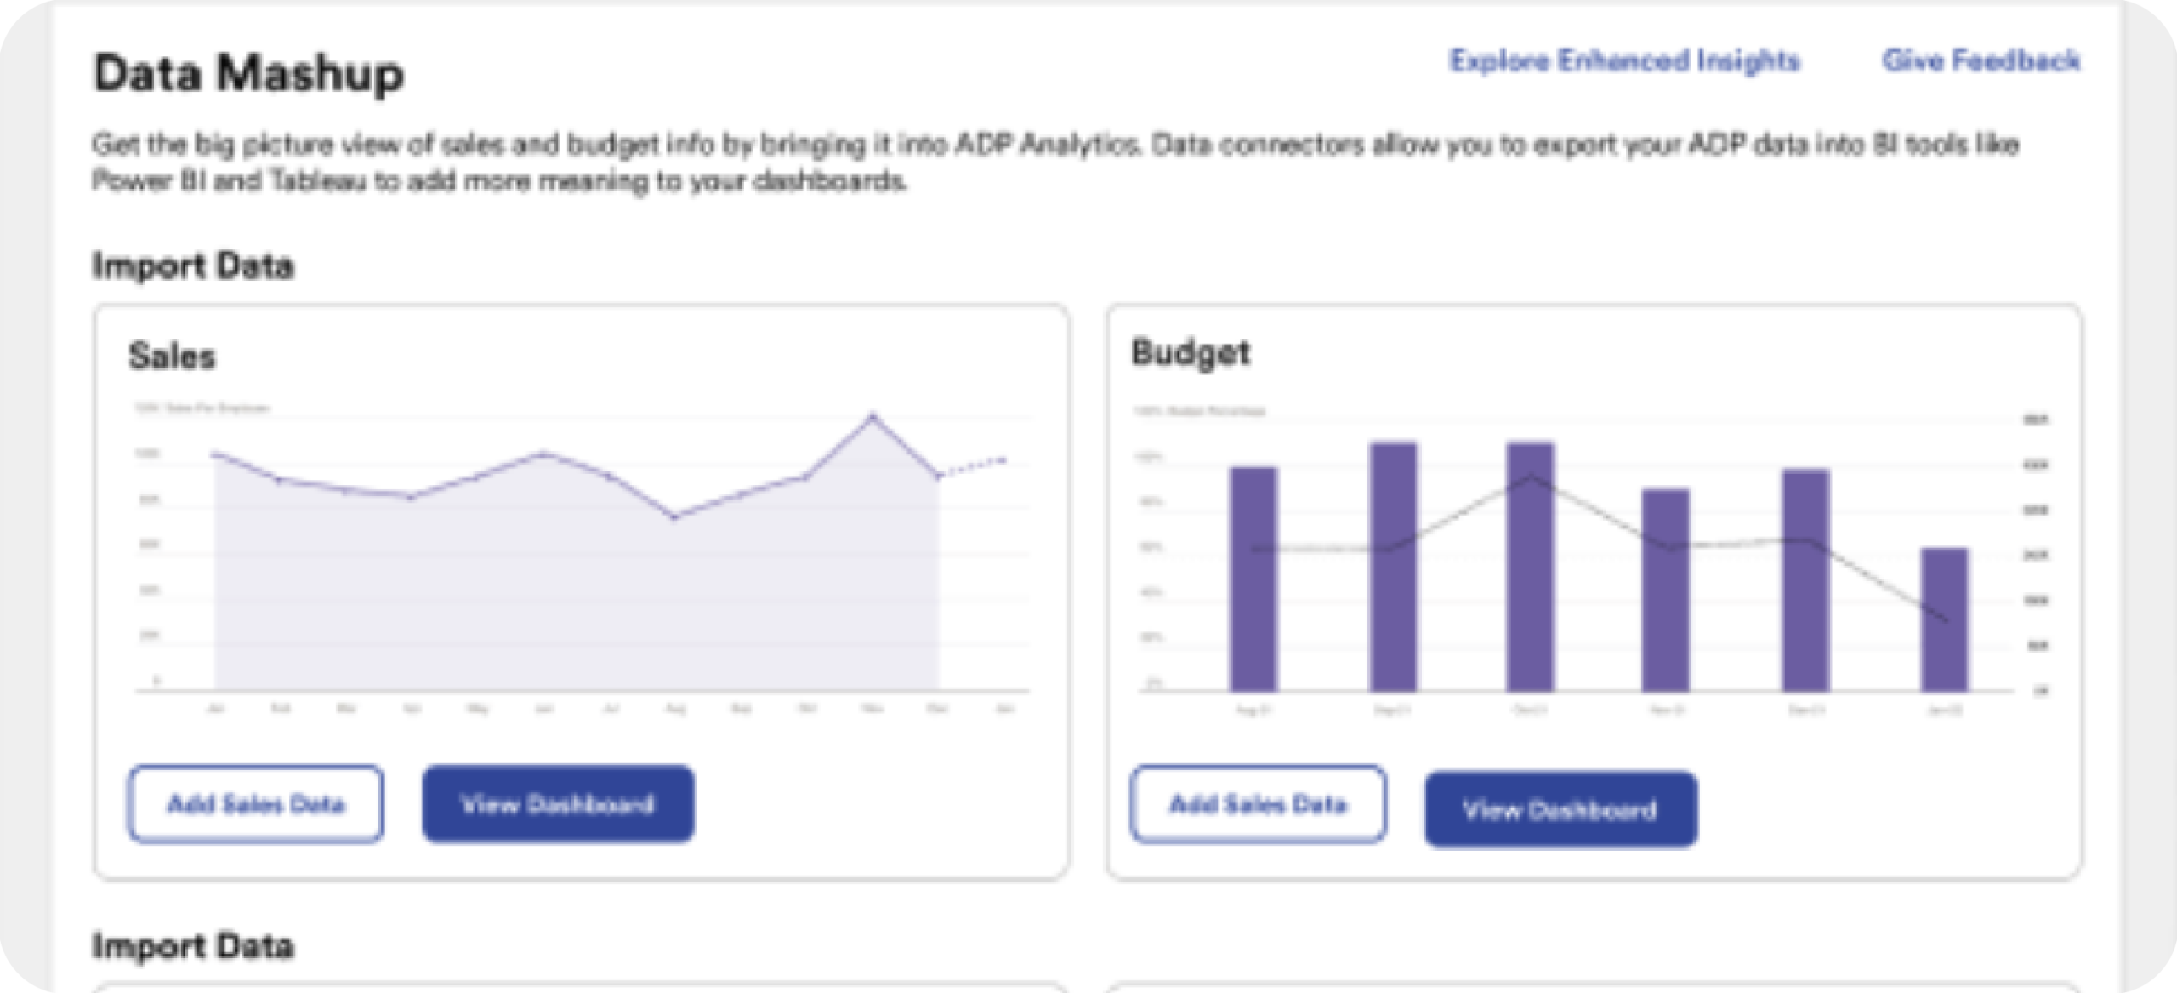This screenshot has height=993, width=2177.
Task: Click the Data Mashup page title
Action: pyautogui.click(x=248, y=73)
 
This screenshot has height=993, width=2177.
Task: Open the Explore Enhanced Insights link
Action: pyautogui.click(x=1624, y=61)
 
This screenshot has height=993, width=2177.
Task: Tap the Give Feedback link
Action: pyautogui.click(x=1981, y=61)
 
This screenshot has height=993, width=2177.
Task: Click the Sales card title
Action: pyautogui.click(x=172, y=356)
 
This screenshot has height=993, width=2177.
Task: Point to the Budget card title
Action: pyautogui.click(x=1190, y=352)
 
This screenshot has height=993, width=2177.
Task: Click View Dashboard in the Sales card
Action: pyautogui.click(x=558, y=804)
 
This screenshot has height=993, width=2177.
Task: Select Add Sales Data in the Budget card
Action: pyautogui.click(x=1258, y=804)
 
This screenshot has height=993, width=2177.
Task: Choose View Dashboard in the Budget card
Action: pyautogui.click(x=1560, y=809)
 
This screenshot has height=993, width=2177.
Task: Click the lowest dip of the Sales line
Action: pyautogui.click(x=674, y=516)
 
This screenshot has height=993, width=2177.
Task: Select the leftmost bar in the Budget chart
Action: pyautogui.click(x=1253, y=579)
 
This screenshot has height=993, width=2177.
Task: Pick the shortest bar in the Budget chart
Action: pyautogui.click(x=1944, y=619)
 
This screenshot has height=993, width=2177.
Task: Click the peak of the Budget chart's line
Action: pyautogui.click(x=1530, y=476)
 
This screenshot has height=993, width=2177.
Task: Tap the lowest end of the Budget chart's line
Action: pyautogui.click(x=1946, y=619)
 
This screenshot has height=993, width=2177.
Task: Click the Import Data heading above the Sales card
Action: pyautogui.click(x=193, y=266)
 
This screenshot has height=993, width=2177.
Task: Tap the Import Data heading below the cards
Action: pyautogui.click(x=193, y=946)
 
